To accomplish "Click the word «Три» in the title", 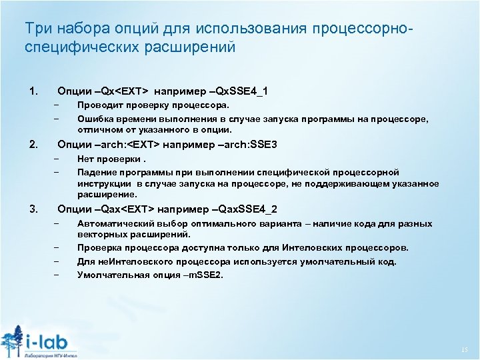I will pyautogui.click(x=35, y=29).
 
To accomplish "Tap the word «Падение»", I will pyautogui.click(x=96, y=172).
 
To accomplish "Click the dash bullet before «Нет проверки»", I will pyautogui.click(x=58, y=159).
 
